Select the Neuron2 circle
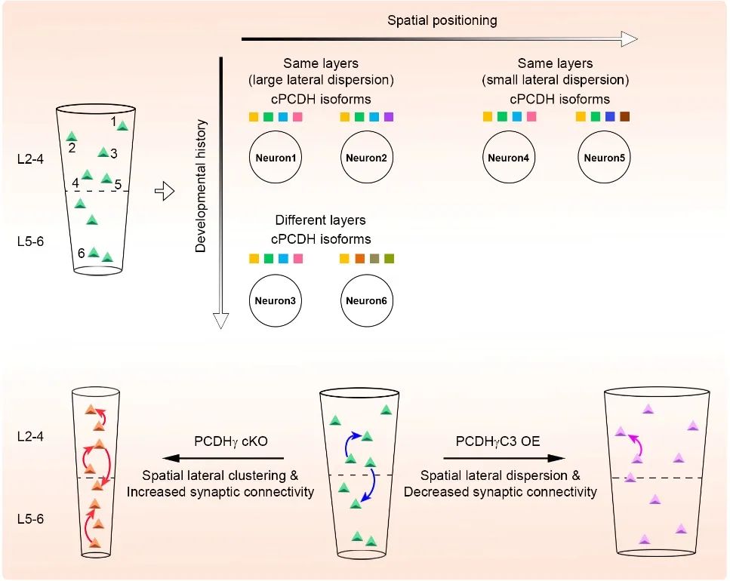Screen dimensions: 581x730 pyautogui.click(x=366, y=158)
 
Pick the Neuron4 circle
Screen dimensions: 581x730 pyautogui.click(x=509, y=158)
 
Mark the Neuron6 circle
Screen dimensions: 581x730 pyautogui.click(x=366, y=300)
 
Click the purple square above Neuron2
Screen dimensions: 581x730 pyautogui.click(x=389, y=117)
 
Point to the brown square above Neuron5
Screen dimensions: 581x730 pyautogui.click(x=624, y=117)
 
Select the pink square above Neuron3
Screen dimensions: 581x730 pyautogui.click(x=297, y=259)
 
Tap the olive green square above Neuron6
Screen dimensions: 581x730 pyautogui.click(x=389, y=259)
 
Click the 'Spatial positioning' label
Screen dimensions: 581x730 pyautogui.click(x=442, y=20)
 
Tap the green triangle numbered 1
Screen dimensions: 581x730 pyautogui.click(x=122, y=125)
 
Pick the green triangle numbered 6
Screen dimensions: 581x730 pyautogui.click(x=94, y=253)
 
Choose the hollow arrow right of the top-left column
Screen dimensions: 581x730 pyautogui.click(x=164, y=192)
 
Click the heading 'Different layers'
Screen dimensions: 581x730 pyautogui.click(x=320, y=220)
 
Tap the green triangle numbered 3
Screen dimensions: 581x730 pyautogui.click(x=103, y=152)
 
